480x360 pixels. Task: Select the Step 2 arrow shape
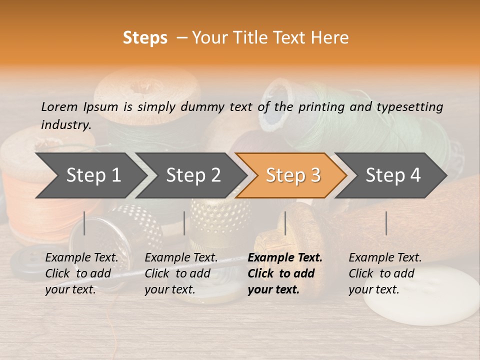(192, 175)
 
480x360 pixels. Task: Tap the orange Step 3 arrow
(292, 175)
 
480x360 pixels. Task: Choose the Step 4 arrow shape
(392, 175)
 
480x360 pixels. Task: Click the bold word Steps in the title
(145, 38)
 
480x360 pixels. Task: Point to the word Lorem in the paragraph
(59, 106)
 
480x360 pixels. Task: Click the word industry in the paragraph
(66, 124)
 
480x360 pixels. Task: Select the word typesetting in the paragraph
(409, 107)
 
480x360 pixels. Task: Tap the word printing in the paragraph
(320, 107)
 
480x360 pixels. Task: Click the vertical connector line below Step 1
(84, 223)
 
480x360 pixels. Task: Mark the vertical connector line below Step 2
(184, 223)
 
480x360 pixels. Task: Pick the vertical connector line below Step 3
(285, 223)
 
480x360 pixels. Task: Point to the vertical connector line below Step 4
(386, 223)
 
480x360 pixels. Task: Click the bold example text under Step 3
(284, 273)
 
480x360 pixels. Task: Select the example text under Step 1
(81, 273)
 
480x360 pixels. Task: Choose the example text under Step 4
(384, 273)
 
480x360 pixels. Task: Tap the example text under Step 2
(181, 273)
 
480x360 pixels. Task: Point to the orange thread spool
(22, 195)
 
